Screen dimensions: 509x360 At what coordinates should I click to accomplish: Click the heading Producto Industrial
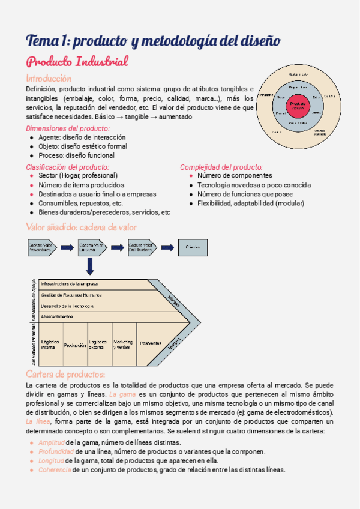[77, 62]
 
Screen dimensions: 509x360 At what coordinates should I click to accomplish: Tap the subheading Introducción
[48, 79]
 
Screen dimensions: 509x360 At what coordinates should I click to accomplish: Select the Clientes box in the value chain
[193, 247]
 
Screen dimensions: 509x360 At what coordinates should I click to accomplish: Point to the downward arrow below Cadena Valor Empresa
[90, 266]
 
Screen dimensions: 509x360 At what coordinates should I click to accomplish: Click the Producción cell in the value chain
[75, 345]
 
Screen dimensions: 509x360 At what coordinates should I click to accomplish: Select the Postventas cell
[151, 343]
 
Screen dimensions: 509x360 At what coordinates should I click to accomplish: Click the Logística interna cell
[50, 345]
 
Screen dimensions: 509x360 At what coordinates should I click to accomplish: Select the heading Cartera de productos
[66, 375]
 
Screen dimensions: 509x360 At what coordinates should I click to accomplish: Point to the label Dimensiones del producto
[67, 128]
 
